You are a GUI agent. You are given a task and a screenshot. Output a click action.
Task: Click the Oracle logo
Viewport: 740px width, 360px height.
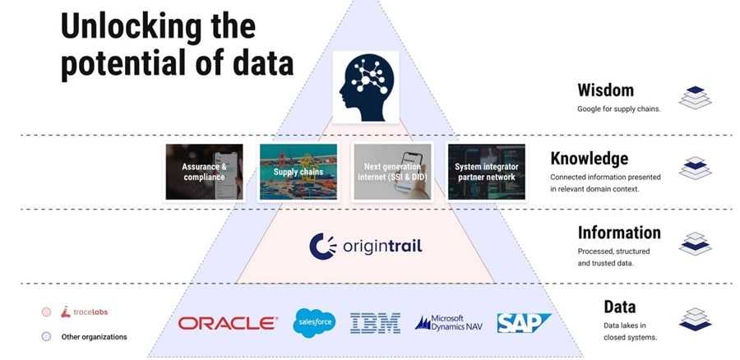228,323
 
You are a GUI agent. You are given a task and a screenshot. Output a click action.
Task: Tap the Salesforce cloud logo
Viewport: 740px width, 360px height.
314,321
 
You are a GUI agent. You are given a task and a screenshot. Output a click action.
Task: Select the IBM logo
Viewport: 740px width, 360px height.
375,322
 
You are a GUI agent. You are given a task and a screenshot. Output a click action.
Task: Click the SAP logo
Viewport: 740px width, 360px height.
523,322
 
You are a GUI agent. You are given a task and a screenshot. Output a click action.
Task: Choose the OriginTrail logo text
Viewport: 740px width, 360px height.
365,246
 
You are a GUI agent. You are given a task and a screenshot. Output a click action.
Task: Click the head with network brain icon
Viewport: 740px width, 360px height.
365,86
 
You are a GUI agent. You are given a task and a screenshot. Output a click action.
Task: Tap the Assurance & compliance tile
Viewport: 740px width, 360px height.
204,172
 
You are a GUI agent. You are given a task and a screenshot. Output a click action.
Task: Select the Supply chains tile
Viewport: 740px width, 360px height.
298,172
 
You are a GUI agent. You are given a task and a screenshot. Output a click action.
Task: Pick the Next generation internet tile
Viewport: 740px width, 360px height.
392,172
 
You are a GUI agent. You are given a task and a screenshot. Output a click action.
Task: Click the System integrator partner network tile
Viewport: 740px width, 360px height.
485,172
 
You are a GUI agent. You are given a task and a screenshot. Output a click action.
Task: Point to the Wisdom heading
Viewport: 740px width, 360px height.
605,90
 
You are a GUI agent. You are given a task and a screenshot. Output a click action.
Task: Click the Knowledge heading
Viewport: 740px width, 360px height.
589,159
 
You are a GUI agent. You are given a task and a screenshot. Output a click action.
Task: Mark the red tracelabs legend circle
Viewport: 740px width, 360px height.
47,312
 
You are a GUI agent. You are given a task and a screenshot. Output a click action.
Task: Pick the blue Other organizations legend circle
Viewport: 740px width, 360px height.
47,336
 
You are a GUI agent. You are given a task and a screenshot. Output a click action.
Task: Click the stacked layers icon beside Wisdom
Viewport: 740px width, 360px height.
695,97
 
